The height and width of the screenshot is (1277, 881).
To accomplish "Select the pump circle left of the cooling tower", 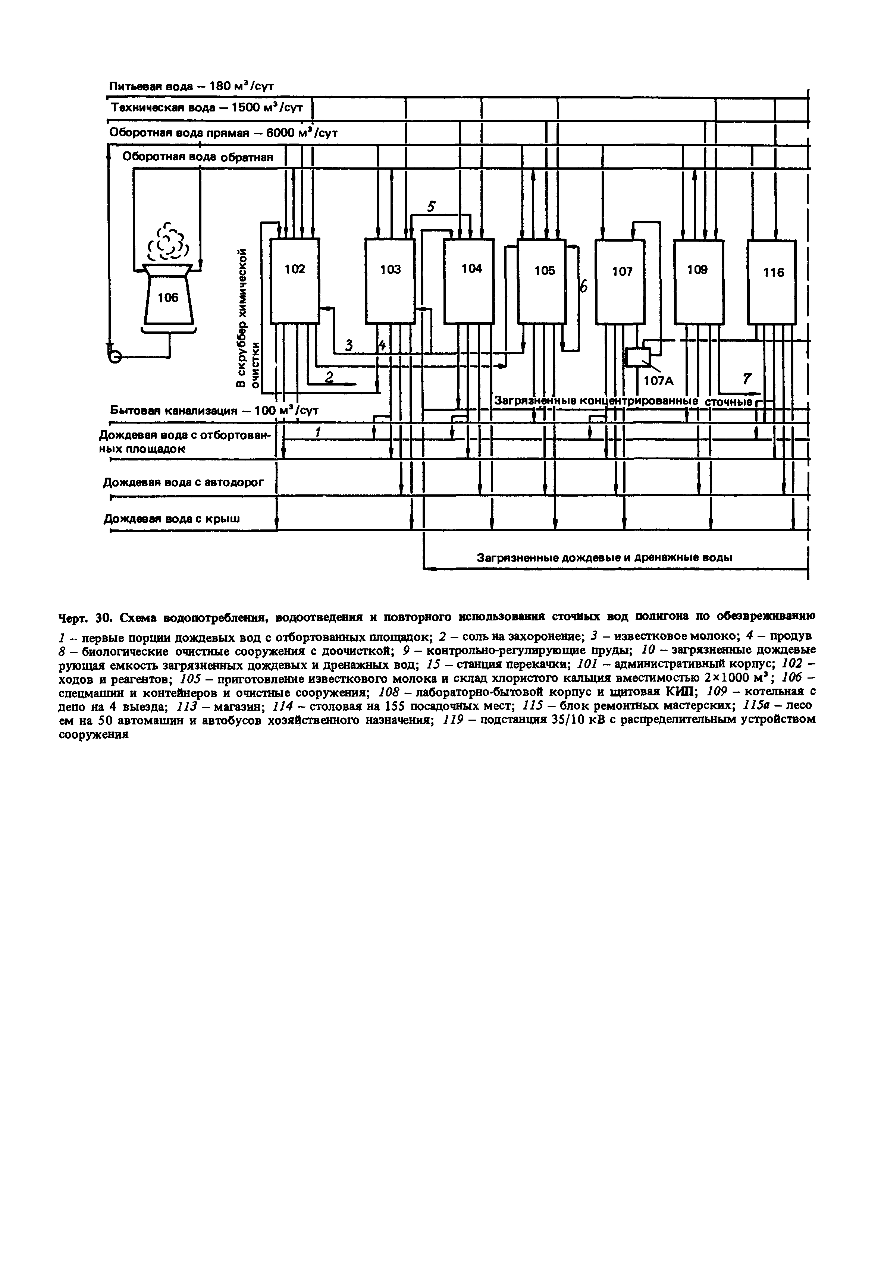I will [114, 356].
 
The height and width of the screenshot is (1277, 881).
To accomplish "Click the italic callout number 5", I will [432, 207].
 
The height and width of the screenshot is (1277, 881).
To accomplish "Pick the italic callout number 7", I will [747, 378].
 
